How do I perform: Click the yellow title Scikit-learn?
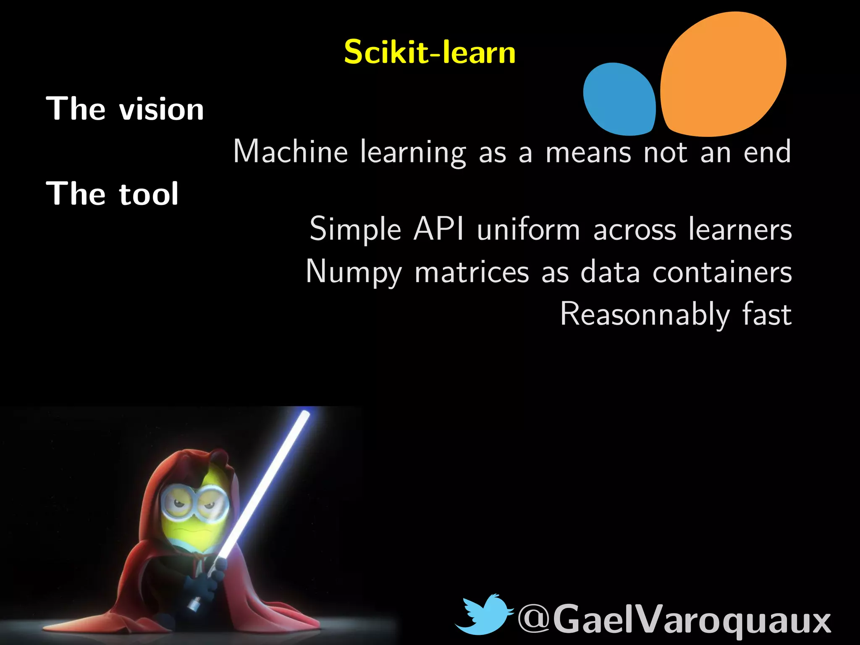point(430,52)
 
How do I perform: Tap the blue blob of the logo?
point(619,100)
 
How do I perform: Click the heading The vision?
point(125,109)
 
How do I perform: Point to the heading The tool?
point(112,194)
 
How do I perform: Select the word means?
point(588,152)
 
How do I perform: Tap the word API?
point(439,229)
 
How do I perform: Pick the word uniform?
point(528,229)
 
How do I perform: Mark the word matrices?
point(472,272)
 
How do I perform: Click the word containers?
point(722,272)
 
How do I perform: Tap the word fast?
point(767,314)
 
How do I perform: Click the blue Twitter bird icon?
point(485,614)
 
